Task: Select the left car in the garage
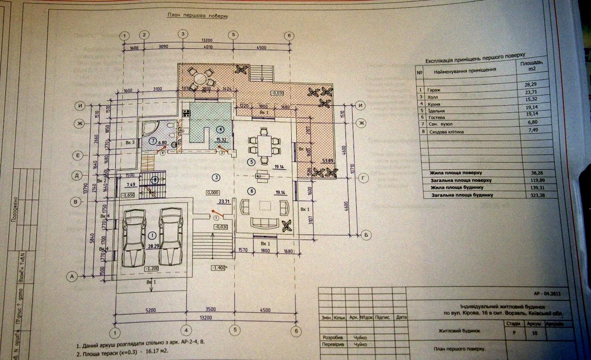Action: pyautogui.click(x=133, y=239)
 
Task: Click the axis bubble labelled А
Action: pyautogui.click(x=72, y=277)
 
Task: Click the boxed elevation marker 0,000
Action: pyautogui.click(x=211, y=193)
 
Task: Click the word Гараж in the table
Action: pyautogui.click(x=434, y=90)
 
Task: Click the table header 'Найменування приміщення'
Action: pyautogui.click(x=465, y=70)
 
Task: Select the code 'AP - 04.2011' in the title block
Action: pyautogui.click(x=547, y=293)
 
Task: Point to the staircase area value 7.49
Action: pyautogui.click(x=131, y=184)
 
